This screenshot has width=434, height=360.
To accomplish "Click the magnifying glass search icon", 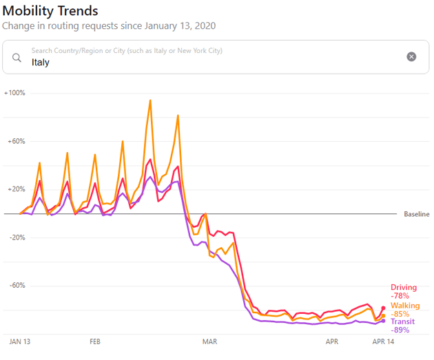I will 17,57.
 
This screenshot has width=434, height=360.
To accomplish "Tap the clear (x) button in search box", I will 411,56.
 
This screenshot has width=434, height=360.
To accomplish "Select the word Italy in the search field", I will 41,62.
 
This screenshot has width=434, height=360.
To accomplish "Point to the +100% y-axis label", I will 14,92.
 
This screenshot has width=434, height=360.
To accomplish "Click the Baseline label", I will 416,214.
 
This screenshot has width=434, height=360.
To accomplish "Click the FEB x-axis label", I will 95,341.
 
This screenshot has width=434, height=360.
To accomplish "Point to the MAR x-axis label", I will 209,341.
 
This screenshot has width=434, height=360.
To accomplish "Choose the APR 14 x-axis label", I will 383,341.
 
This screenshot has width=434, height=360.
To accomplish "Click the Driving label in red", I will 404,287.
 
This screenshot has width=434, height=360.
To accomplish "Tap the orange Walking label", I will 405,305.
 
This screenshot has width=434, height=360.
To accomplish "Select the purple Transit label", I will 403,321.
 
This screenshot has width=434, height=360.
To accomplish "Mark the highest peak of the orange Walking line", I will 150,100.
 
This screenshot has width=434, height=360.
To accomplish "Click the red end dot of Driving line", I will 383,308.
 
